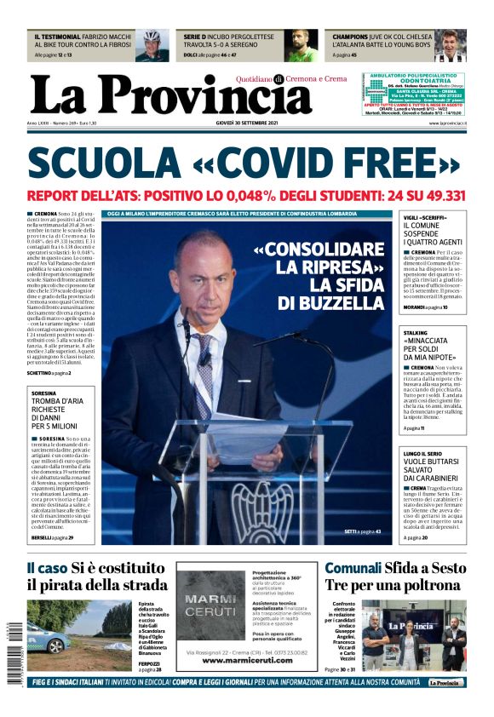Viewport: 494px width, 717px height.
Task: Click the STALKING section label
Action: (x=416, y=333)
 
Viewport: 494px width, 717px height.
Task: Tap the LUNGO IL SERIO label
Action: (x=423, y=455)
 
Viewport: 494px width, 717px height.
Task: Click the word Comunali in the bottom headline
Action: (x=352, y=568)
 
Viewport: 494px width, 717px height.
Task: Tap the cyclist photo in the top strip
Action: (x=152, y=45)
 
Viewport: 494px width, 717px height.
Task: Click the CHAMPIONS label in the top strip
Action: (x=351, y=37)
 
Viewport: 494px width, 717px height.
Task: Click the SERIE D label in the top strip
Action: (x=194, y=37)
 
